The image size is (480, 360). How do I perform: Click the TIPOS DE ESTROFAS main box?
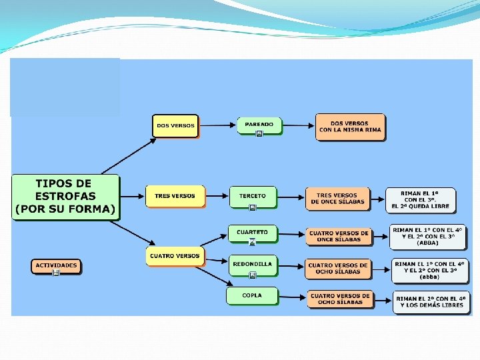[65, 197]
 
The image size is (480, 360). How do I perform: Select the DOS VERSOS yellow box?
[175, 125]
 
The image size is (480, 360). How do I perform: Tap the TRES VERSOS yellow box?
[175, 196]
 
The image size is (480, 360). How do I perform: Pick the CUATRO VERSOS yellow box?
[175, 255]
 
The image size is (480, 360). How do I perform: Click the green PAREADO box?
[259, 125]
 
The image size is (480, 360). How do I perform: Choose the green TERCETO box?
[252, 196]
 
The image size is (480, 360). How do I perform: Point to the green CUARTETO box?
[252, 233]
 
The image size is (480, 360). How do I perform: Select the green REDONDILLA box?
[252, 265]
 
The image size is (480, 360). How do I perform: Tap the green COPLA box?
[252, 295]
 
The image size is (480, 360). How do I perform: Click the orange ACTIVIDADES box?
[57, 265]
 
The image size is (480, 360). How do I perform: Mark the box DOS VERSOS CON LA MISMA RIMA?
[350, 127]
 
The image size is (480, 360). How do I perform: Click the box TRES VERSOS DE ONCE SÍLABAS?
[337, 199]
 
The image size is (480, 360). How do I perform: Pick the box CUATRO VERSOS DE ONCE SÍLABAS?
[339, 236]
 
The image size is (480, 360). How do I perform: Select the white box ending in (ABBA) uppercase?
[427, 236]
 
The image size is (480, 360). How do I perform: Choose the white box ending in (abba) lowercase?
[429, 270]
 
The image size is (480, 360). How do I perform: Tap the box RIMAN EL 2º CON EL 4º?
[429, 302]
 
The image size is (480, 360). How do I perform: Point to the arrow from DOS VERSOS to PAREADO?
[217, 125]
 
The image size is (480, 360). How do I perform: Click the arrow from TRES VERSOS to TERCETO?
[216, 196]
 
